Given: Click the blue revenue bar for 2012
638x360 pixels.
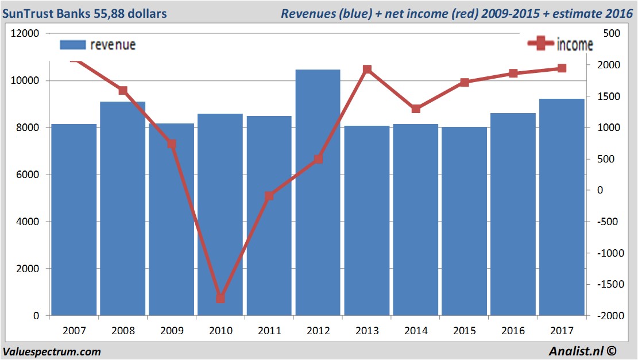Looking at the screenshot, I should [x=318, y=192].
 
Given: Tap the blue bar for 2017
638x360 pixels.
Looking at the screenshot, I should [x=562, y=207].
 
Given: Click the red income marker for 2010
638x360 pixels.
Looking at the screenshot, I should [x=221, y=299].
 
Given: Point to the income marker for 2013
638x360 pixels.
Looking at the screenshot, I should [x=368, y=69].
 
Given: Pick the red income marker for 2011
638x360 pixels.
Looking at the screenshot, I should [x=269, y=196].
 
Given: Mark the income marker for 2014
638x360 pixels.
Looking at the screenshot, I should [x=416, y=109].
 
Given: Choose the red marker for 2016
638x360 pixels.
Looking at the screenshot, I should [x=513, y=73].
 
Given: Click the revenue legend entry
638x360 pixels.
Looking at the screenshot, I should [x=98, y=45].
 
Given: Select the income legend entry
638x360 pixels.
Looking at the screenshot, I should [x=560, y=44].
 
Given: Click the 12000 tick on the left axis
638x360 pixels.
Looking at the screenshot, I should [x=26, y=34].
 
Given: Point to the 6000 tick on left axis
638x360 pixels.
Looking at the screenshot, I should [x=28, y=175].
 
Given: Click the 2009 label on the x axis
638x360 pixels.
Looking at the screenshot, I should [x=172, y=331].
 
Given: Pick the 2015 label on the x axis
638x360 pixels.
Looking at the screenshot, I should [x=465, y=331].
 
